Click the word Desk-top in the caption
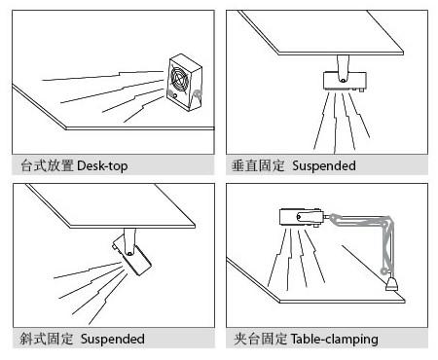[102, 165]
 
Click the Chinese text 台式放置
[47, 165]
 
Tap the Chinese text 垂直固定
[258, 165]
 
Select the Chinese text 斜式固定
[47, 339]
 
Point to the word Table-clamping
[335, 340]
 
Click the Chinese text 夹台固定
[260, 339]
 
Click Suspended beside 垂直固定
[324, 165]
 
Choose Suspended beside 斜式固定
[113, 339]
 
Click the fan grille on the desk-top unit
[178, 78]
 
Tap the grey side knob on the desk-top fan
[197, 94]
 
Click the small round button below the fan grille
[175, 95]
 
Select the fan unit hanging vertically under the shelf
[345, 81]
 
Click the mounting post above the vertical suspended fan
[343, 66]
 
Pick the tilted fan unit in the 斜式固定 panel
[131, 256]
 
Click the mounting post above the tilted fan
[129, 241]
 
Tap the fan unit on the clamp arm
[302, 217]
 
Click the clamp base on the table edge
[392, 284]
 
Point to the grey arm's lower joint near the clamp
[383, 270]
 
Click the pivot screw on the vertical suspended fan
[343, 80]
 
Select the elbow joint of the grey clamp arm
[387, 221]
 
